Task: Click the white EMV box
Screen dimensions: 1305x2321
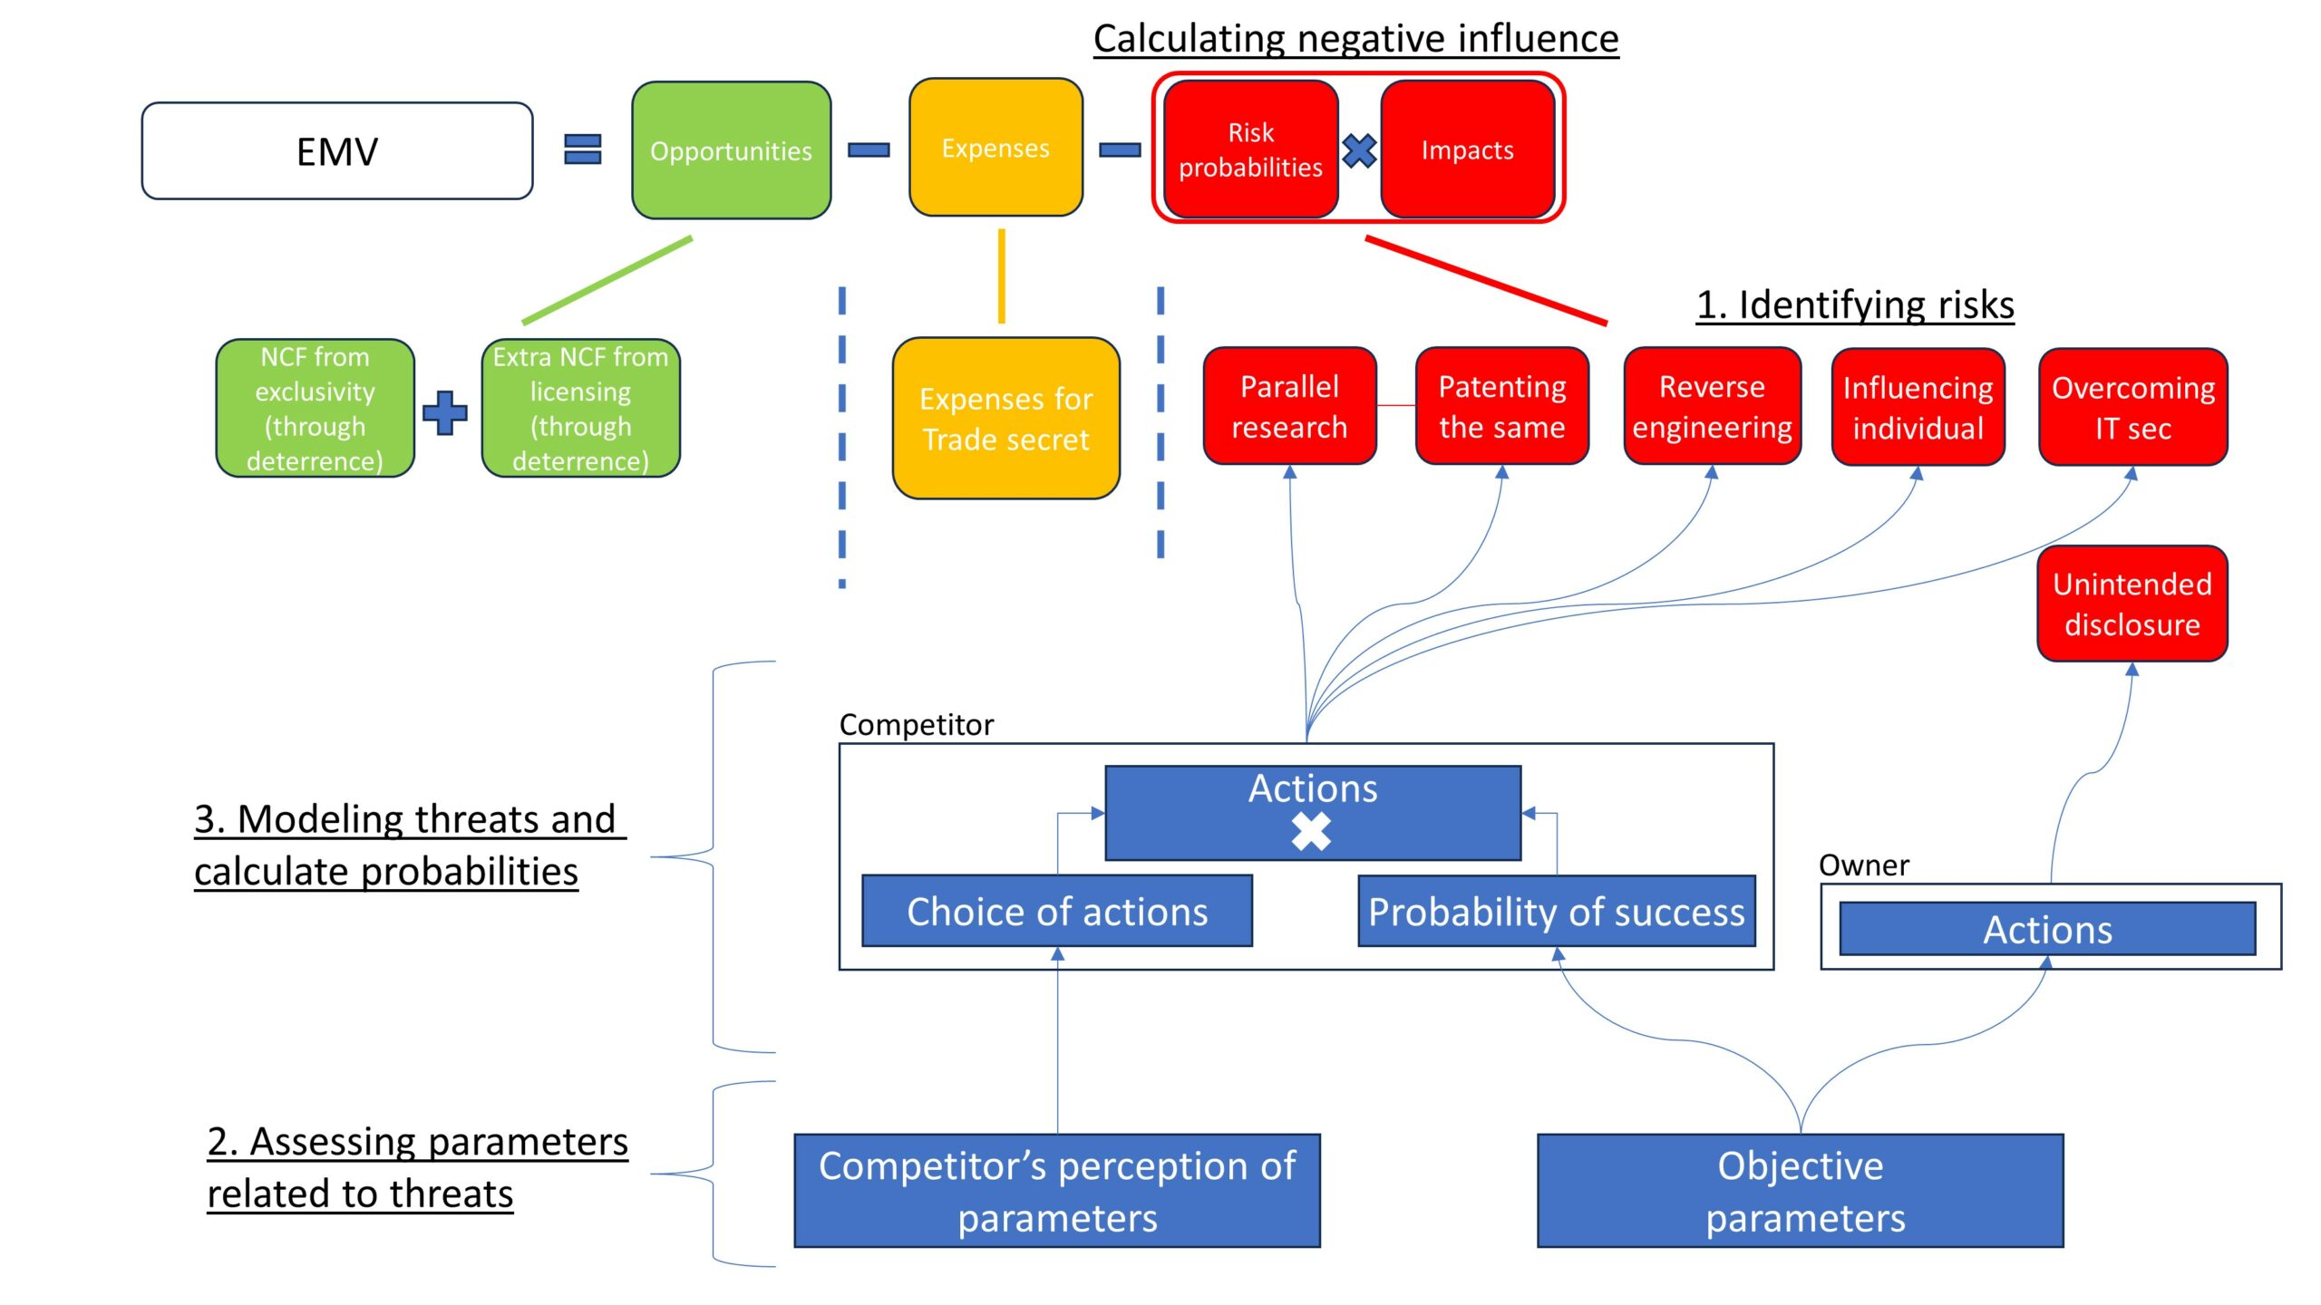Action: coord(336,150)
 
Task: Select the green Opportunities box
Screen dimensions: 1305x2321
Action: coord(731,150)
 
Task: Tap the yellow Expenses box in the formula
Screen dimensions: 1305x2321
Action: coord(995,148)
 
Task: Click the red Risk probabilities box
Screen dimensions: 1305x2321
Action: coord(1250,150)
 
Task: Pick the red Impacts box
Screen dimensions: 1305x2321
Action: coord(1467,150)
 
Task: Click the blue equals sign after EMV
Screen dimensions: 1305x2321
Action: coord(582,150)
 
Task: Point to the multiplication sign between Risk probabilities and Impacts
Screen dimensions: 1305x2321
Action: coord(1359,150)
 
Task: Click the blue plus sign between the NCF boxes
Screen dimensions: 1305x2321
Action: coord(445,413)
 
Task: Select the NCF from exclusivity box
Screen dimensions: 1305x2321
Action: coord(315,408)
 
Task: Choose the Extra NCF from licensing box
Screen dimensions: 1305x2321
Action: coord(580,408)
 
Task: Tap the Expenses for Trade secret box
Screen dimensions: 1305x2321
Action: coord(1005,418)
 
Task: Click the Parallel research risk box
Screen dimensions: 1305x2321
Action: coord(1289,406)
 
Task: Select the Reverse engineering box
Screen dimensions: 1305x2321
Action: coord(1712,406)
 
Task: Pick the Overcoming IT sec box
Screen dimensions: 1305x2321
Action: coord(2132,407)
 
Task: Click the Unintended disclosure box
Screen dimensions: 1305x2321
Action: coord(2132,604)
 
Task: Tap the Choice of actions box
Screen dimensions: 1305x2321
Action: coord(1056,911)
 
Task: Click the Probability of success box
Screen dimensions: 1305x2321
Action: coord(1556,911)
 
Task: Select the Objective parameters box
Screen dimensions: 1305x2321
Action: coord(1800,1191)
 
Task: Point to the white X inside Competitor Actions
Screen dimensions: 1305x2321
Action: coord(1311,831)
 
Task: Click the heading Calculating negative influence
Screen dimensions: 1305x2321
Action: coord(1355,39)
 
